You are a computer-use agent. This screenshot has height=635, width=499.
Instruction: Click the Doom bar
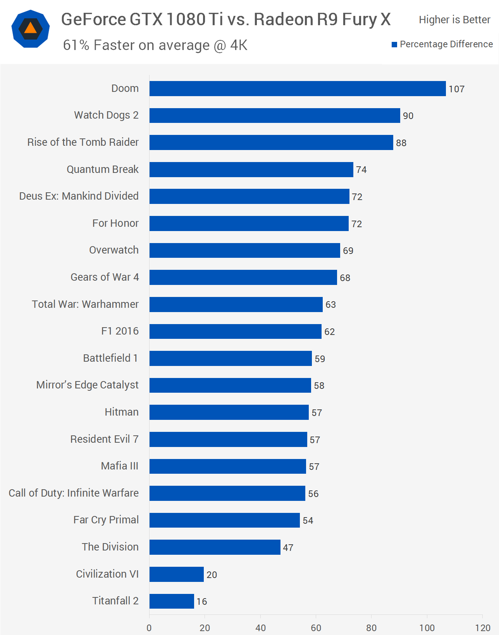[298, 89]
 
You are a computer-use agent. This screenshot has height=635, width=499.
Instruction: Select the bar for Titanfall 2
[172, 601]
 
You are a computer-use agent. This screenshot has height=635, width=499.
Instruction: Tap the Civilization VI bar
[177, 574]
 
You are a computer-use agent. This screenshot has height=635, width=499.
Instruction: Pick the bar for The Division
[215, 547]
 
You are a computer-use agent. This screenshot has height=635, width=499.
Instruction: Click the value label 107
[456, 89]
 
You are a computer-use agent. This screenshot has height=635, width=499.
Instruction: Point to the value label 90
[408, 116]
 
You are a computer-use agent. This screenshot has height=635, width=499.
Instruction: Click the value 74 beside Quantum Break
[361, 170]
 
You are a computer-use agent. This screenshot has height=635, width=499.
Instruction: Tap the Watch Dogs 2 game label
[106, 115]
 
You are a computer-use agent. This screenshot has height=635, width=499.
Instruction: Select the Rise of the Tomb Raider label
[83, 142]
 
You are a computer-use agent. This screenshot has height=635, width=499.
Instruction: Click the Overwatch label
[114, 250]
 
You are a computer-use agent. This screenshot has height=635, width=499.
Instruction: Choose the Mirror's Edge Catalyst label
[87, 385]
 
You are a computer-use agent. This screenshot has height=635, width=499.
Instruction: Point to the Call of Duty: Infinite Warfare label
[74, 493]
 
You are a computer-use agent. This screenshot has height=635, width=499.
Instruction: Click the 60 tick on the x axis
[316, 628]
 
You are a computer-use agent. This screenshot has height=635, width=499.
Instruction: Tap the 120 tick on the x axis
[483, 628]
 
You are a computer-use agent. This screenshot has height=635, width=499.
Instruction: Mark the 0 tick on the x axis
[149, 628]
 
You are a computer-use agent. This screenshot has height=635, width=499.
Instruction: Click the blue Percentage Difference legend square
[394, 45]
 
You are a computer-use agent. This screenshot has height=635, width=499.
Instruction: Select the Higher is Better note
[454, 20]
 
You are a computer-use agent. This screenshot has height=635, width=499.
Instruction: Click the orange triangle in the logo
[31, 28]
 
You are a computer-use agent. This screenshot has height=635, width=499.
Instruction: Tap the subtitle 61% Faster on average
[155, 45]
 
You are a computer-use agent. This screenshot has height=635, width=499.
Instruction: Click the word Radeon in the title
[283, 19]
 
